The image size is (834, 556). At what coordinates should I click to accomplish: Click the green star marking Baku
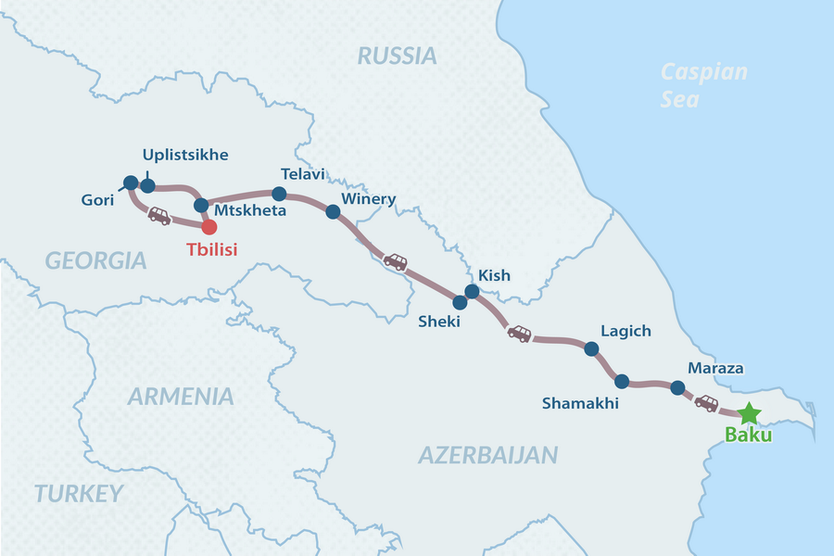click(x=749, y=413)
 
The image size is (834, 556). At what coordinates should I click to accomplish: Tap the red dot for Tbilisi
click(x=209, y=225)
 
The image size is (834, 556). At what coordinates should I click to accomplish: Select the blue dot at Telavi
click(x=279, y=194)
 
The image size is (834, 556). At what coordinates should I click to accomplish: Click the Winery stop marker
click(x=333, y=211)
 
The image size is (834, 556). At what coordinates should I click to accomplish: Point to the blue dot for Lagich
click(x=591, y=348)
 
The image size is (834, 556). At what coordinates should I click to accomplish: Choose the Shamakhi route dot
click(x=622, y=381)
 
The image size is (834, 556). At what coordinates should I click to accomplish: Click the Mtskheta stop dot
click(x=200, y=204)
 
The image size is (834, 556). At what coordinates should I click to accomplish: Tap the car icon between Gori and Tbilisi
click(x=159, y=216)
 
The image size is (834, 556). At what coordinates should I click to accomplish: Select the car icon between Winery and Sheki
click(x=396, y=261)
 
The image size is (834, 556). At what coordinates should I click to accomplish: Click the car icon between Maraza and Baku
click(x=707, y=403)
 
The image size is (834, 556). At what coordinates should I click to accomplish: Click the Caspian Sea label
click(x=704, y=84)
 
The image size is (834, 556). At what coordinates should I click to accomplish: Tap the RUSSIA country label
click(x=397, y=56)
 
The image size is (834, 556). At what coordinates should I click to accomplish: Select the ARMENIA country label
click(x=181, y=397)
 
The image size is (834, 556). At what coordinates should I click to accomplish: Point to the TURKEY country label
click(x=79, y=493)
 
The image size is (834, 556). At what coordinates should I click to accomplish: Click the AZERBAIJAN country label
click(x=487, y=454)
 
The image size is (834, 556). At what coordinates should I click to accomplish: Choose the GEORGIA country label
click(x=96, y=260)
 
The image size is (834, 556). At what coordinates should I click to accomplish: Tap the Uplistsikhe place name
click(x=185, y=154)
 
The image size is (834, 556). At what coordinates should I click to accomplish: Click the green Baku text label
click(x=749, y=436)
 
